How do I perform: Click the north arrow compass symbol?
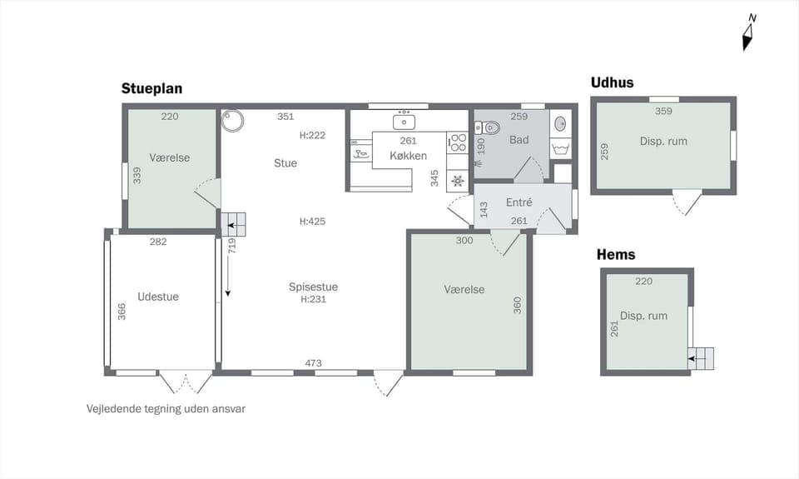749,32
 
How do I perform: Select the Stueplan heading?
151,88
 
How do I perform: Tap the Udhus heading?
612,82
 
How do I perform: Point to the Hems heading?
616,255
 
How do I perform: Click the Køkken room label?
408,156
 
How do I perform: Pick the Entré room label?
519,202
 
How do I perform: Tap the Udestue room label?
158,297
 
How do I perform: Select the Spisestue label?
313,287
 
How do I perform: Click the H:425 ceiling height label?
312,222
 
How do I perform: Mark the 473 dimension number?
313,362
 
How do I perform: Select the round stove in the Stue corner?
233,121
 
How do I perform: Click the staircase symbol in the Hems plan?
701,357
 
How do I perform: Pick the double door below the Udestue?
186,382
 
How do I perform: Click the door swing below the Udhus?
687,203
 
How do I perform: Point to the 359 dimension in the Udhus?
663,111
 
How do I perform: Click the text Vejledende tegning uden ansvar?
166,409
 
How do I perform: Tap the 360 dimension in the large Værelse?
518,305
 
